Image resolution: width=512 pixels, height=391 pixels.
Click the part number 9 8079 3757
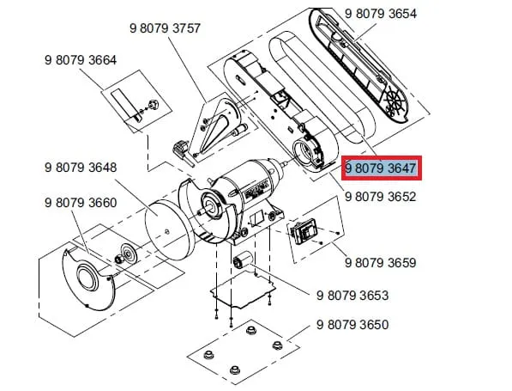[165, 28]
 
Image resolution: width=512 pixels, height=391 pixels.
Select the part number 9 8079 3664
[81, 60]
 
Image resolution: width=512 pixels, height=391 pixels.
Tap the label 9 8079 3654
[381, 14]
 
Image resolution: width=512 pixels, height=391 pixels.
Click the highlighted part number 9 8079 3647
[381, 168]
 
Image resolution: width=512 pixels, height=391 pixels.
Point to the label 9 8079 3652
[381, 197]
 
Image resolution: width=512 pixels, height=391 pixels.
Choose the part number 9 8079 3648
[81, 168]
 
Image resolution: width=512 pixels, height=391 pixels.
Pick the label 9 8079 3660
[81, 203]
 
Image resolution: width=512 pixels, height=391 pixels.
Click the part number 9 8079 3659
[381, 263]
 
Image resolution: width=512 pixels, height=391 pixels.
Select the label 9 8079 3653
[352, 296]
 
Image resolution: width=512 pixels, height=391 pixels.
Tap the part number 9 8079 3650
[352, 325]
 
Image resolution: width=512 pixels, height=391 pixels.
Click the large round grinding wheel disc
[169, 230]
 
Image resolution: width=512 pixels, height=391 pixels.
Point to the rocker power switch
[303, 232]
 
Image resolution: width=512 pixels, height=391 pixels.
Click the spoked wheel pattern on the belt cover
[395, 102]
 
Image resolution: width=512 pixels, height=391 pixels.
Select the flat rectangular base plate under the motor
[244, 290]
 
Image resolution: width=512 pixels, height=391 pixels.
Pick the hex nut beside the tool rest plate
[153, 105]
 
